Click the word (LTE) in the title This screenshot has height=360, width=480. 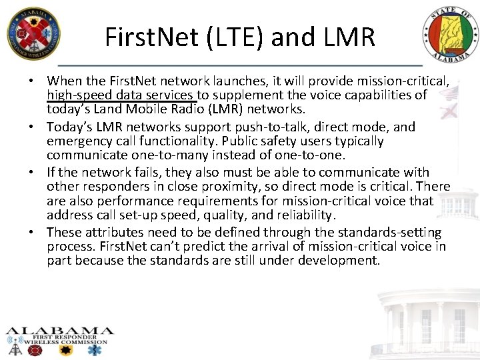coord(231,37)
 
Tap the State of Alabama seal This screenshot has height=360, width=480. coord(449,37)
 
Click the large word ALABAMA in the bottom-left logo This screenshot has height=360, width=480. coord(60,331)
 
